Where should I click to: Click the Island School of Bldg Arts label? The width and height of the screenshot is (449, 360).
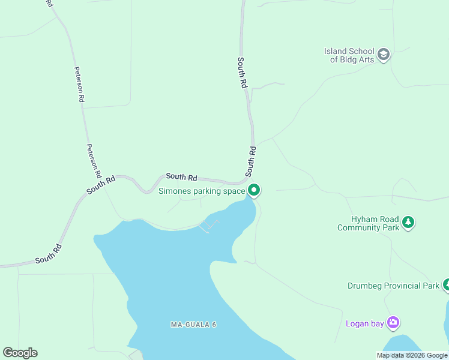click(349, 55)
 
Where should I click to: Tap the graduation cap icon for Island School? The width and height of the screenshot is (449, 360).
click(384, 55)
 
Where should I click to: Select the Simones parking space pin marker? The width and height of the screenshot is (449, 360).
click(254, 190)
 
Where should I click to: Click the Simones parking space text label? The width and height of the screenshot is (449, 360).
click(202, 191)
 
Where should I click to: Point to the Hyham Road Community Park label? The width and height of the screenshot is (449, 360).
click(368, 223)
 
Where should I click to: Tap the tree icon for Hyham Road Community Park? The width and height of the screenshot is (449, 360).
click(408, 223)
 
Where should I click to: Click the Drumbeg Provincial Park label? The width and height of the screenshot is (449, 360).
click(393, 286)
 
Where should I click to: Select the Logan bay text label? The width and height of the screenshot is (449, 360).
click(364, 324)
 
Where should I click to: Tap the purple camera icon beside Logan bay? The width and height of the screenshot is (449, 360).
click(393, 323)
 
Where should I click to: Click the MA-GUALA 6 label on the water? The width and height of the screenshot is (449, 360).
click(193, 325)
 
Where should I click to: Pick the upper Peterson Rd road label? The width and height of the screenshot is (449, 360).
click(79, 85)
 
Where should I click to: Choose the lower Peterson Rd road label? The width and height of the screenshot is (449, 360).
click(93, 161)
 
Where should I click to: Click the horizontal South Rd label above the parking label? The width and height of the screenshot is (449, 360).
click(181, 177)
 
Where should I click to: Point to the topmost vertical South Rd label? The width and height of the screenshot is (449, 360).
click(242, 73)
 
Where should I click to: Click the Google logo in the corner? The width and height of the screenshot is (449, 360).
click(20, 353)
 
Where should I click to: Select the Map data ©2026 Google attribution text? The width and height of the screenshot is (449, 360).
click(412, 355)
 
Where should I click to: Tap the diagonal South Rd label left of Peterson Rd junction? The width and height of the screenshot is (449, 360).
click(100, 184)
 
